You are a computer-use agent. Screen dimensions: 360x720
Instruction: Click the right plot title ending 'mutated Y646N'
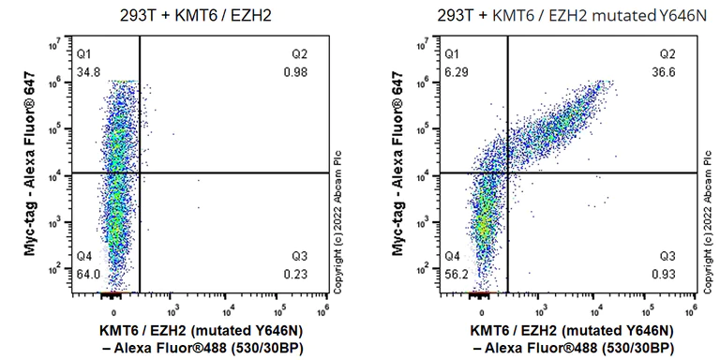(563, 16)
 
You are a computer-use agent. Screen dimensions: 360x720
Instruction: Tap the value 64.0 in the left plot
(90, 273)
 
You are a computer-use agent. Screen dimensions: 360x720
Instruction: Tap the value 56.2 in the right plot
(457, 273)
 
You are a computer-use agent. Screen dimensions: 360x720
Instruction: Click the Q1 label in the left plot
(86, 54)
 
